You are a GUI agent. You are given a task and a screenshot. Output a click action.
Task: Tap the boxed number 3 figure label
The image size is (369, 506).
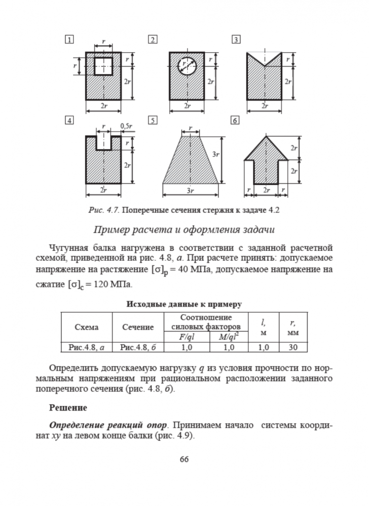[x=236, y=39]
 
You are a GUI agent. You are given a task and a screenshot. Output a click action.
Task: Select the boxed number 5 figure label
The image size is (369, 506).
[x=152, y=120]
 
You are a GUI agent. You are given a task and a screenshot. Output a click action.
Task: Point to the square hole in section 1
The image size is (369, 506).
[x=103, y=66]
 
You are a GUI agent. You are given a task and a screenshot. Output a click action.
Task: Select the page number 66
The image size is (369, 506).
[x=184, y=459]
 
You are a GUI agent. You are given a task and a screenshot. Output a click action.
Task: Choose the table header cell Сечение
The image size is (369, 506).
[x=137, y=327]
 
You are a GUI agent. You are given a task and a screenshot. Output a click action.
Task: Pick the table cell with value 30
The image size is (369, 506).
[x=293, y=348]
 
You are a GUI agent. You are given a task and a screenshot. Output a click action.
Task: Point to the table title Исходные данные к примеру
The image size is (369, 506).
[x=184, y=304]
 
